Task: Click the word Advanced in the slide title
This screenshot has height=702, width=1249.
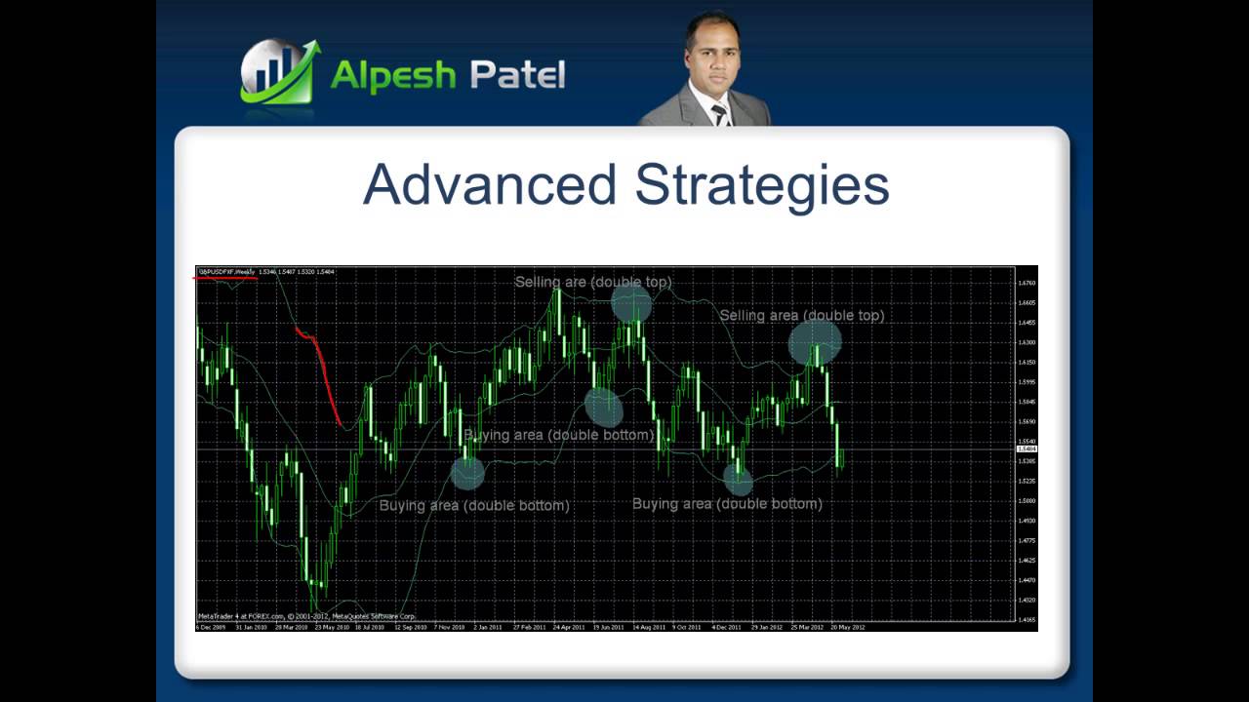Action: click(490, 184)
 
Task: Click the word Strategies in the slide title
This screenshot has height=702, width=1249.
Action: click(762, 186)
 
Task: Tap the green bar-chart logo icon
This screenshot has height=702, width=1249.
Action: click(279, 73)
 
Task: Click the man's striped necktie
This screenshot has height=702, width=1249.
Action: click(720, 114)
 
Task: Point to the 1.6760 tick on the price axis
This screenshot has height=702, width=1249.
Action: click(1027, 283)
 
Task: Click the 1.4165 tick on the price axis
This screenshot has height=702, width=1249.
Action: click(1027, 619)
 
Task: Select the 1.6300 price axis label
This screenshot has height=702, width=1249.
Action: click(1027, 342)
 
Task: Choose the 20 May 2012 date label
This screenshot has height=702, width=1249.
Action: click(848, 627)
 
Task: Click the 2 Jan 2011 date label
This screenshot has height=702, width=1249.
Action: click(488, 627)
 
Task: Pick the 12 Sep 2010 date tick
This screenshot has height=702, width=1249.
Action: click(410, 627)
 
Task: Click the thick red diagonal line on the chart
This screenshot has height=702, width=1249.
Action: click(322, 375)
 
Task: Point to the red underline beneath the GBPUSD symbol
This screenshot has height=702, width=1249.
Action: click(225, 278)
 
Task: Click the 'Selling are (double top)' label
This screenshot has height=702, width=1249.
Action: click(593, 282)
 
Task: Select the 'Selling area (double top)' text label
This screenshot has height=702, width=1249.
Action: click(801, 316)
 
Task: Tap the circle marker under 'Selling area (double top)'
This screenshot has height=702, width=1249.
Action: click(815, 342)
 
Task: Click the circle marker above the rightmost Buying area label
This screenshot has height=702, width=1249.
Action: click(739, 478)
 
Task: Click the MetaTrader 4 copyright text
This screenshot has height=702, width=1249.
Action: click(306, 616)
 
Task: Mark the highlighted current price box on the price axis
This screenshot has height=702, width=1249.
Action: click(1027, 448)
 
